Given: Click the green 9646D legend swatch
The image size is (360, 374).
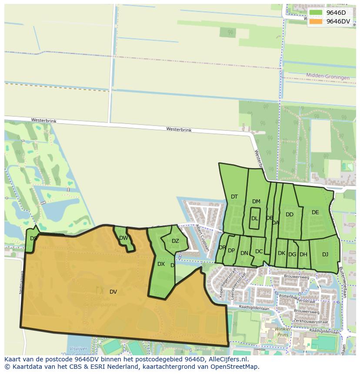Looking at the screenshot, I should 316,13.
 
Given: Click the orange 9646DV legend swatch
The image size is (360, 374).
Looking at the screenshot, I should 316,21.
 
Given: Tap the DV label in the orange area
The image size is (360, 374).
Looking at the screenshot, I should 113,292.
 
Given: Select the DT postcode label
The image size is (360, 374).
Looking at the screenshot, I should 234,197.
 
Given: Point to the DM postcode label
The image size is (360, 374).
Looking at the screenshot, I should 256,202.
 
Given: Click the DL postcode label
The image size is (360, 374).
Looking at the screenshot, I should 254,218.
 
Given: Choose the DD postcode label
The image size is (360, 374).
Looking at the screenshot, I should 289,215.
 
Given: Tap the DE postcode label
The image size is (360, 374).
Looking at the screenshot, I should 315,212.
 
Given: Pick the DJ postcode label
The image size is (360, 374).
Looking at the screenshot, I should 325,255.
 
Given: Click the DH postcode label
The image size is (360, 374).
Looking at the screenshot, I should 303,255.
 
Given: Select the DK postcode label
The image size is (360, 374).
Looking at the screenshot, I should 281,253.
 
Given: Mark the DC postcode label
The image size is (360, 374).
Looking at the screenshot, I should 259,252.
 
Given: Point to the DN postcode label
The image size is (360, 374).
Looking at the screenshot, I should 244,253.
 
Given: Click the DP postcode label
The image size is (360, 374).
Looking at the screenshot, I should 231,251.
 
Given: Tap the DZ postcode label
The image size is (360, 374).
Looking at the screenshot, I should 175,241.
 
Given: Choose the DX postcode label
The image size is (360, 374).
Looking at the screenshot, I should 161,264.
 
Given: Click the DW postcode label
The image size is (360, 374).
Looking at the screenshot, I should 123,238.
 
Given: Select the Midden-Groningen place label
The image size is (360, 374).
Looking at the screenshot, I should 327,77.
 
